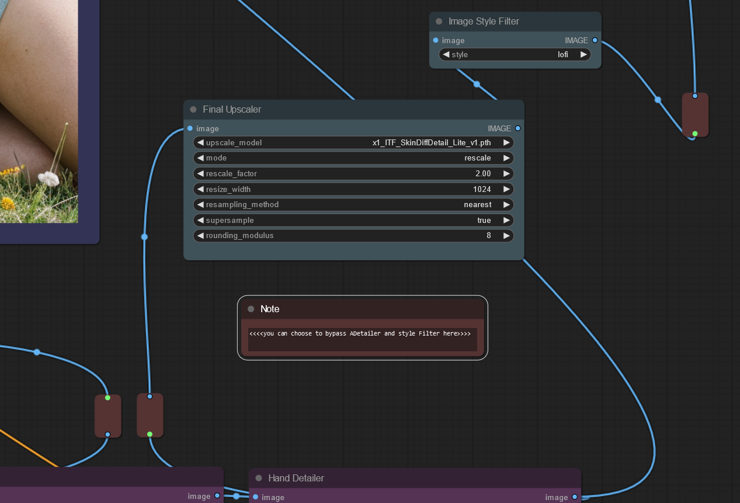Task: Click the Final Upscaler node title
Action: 232,109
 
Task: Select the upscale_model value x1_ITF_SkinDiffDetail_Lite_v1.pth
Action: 432,142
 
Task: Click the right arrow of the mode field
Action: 506,158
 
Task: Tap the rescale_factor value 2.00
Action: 483,174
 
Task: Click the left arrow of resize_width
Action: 200,189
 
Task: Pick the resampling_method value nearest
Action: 477,205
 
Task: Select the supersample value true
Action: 484,220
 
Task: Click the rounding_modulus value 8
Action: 489,235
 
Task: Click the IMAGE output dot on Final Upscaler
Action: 517,128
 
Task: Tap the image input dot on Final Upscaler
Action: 190,128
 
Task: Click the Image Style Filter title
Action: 484,22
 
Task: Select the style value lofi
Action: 563,54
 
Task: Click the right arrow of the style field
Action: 583,54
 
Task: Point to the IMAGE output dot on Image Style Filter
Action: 595,40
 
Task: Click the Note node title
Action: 270,309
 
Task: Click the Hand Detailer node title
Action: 296,478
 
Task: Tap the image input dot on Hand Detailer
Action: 255,497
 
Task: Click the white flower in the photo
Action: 49,179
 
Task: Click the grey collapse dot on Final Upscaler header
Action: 193,109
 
